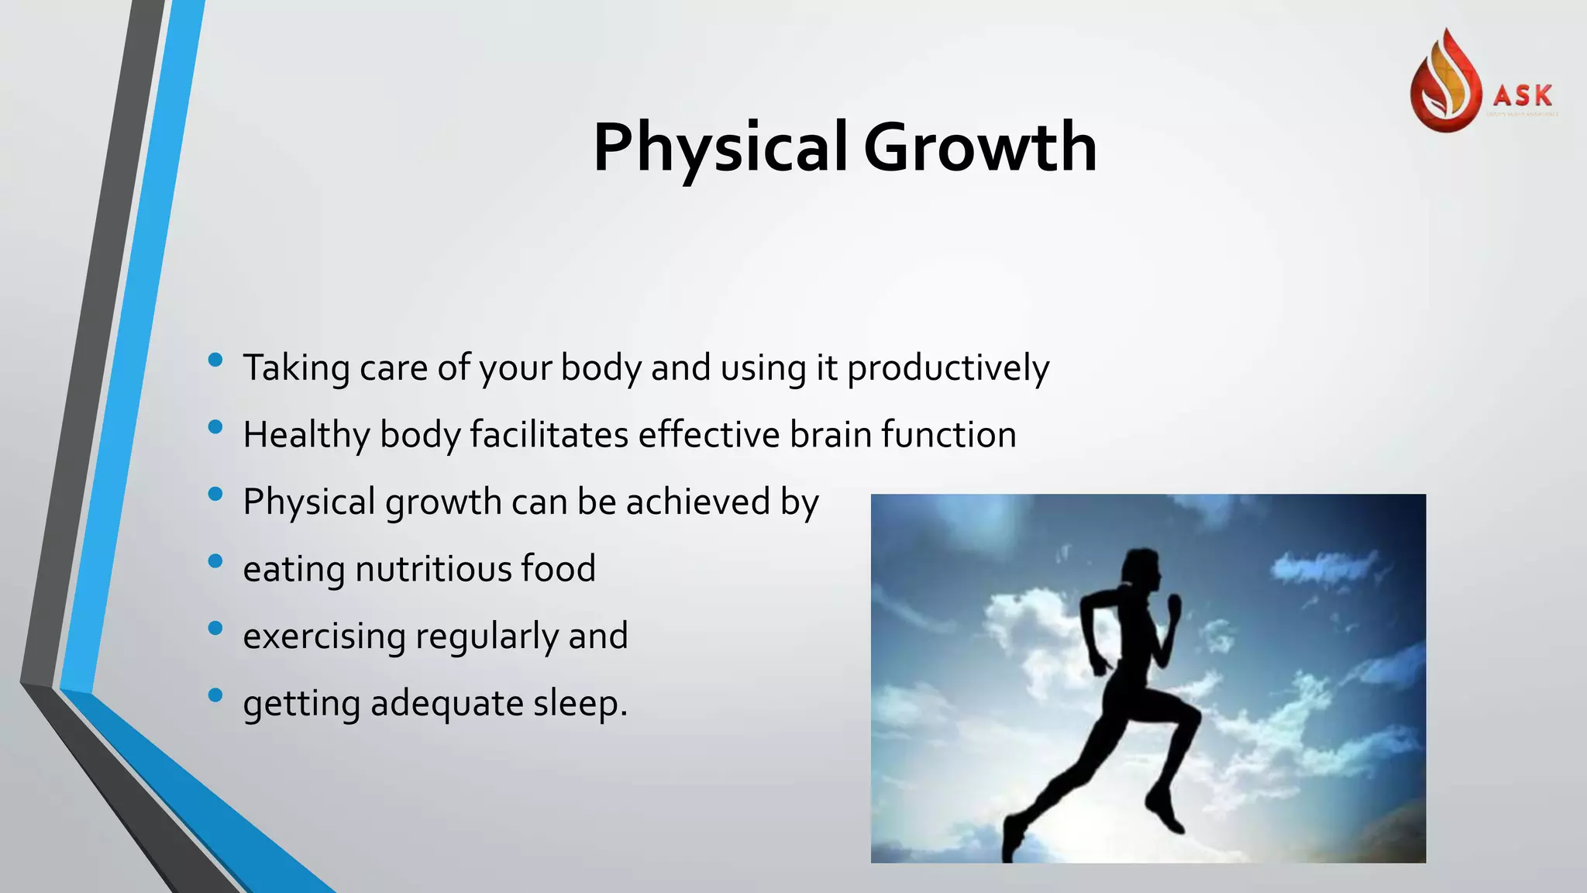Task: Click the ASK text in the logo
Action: [x=1523, y=96]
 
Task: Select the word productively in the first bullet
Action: [x=948, y=368]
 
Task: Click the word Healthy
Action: [x=306, y=436]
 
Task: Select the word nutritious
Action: [x=432, y=569]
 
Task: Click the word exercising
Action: [x=324, y=636]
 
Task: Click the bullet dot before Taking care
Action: [x=215, y=360]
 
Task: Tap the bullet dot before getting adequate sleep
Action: [x=215, y=695]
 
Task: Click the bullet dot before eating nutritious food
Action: [x=215, y=560]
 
